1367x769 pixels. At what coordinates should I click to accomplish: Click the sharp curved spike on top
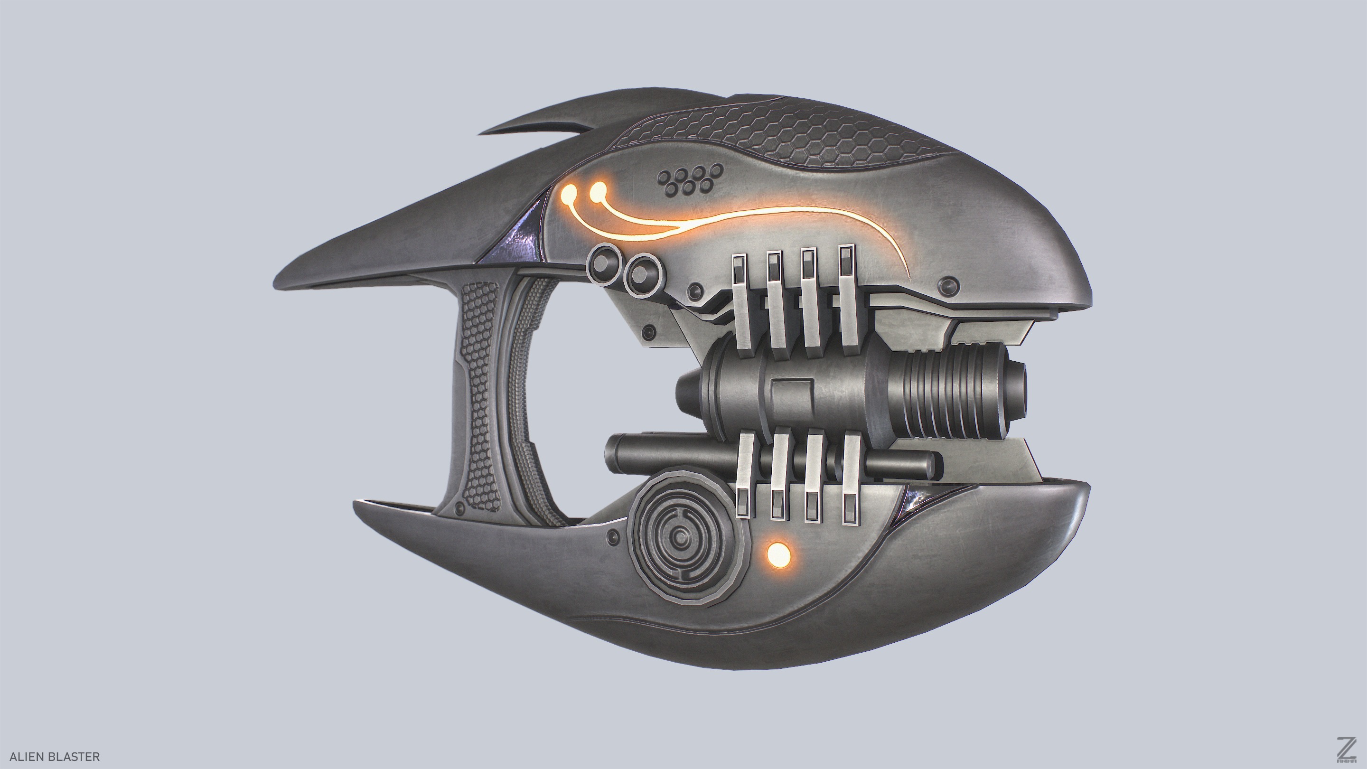(x=536, y=120)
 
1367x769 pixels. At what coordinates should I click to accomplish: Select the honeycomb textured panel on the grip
(x=480, y=398)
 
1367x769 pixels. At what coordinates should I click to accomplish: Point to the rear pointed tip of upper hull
(x=281, y=281)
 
